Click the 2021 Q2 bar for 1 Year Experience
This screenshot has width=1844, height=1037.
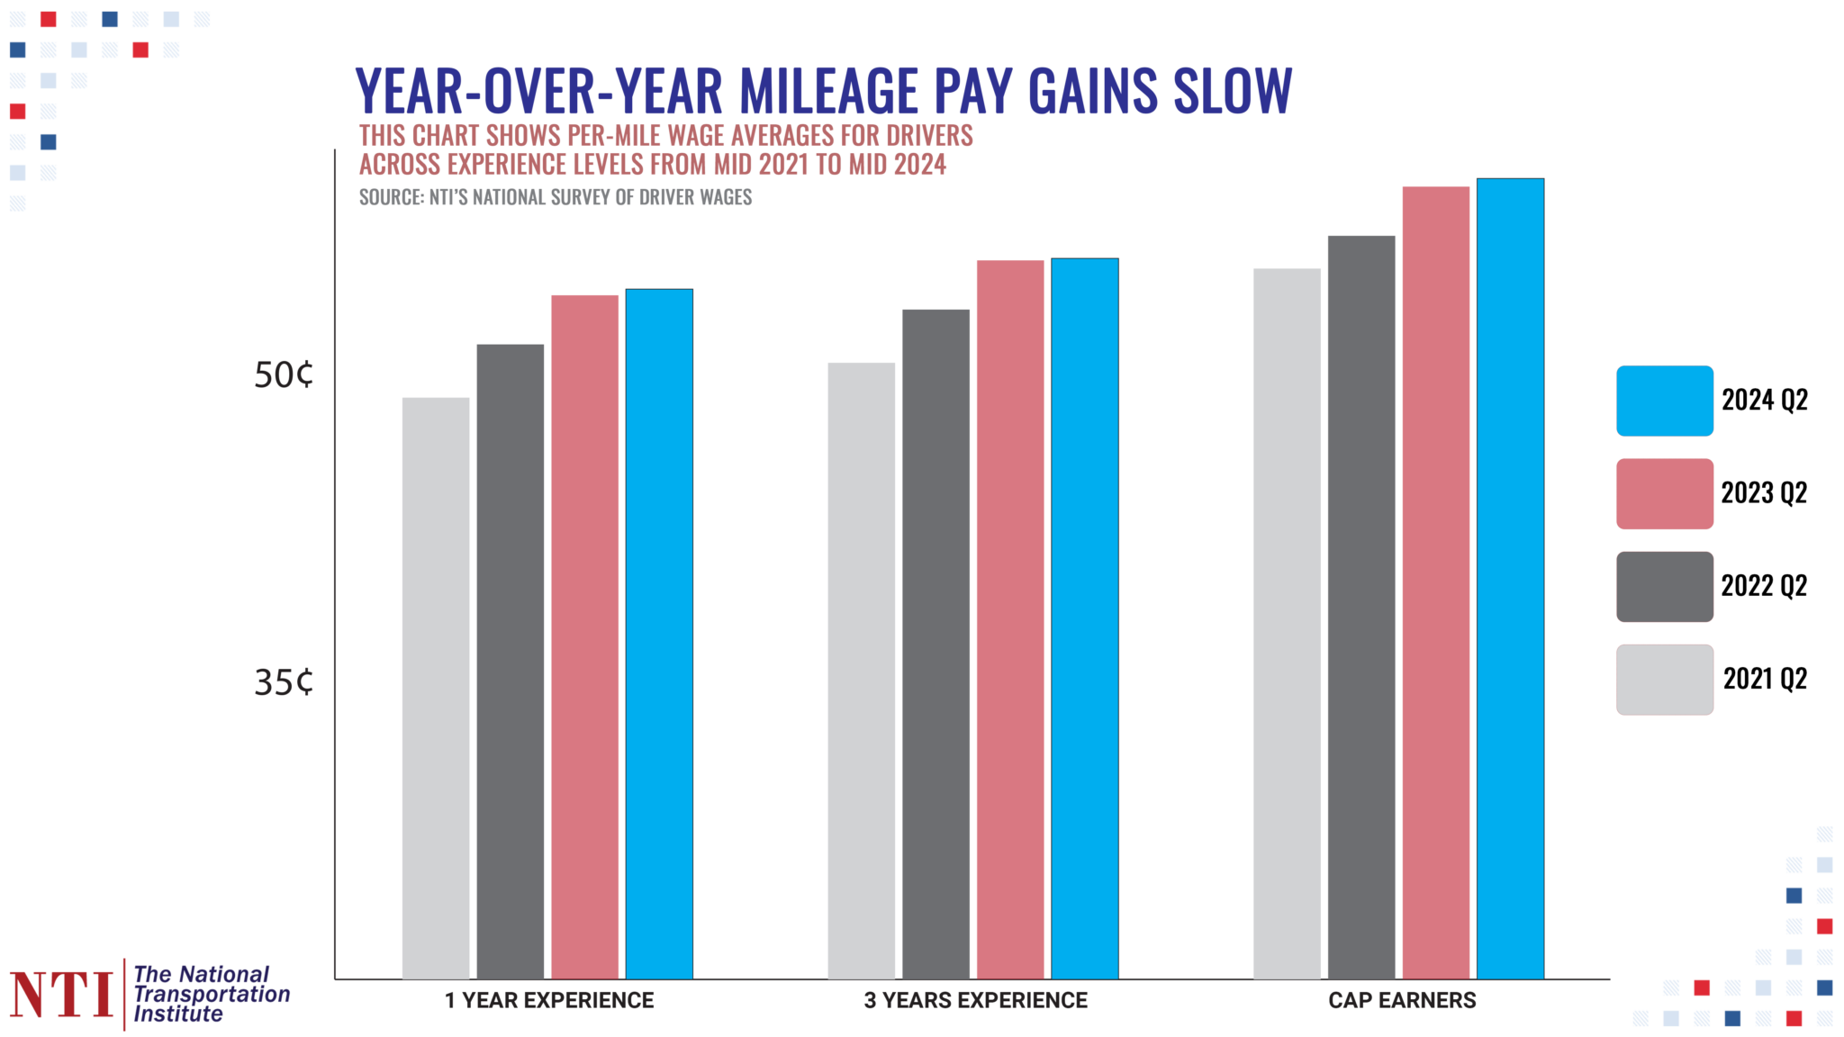[436, 689]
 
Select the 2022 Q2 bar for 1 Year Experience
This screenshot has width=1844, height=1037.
[511, 662]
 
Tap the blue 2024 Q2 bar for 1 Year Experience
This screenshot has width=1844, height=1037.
[659, 635]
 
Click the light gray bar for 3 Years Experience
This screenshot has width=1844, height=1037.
[862, 671]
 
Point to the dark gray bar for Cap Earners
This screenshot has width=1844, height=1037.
[1361, 608]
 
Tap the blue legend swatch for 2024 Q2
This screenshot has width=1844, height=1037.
[1664, 401]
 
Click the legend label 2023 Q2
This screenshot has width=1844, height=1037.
[1764, 493]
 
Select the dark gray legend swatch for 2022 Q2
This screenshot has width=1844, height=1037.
[1664, 587]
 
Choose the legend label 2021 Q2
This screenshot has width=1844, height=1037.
[1765, 679]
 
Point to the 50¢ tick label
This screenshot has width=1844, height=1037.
[284, 375]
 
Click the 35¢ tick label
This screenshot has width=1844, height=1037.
[284, 682]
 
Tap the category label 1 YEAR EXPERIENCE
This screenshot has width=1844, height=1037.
[549, 1000]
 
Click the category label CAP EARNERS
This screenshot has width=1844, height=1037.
[1402, 1000]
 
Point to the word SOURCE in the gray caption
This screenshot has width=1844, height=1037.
[390, 197]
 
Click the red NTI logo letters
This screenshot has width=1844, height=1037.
[61, 995]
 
